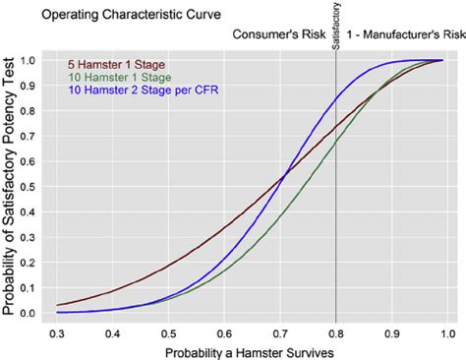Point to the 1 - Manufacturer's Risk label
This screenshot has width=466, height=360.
(401, 34)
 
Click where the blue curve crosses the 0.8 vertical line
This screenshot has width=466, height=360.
(336, 99)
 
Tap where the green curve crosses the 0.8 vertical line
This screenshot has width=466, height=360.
(336, 142)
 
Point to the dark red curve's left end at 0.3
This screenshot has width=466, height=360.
(57, 305)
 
